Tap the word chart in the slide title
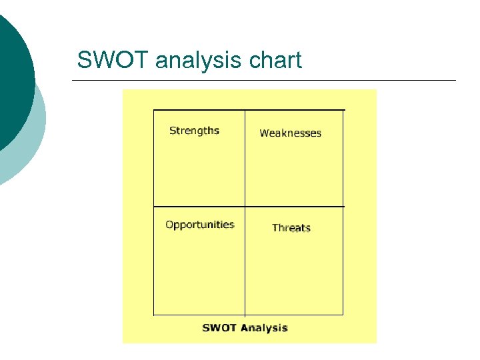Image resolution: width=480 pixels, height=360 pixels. (275, 61)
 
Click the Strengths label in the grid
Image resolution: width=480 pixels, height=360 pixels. (194, 131)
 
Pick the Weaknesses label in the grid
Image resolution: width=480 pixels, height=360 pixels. (290, 133)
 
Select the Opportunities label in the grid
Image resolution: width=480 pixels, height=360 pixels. (200, 225)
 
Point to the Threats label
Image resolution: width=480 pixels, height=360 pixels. (291, 228)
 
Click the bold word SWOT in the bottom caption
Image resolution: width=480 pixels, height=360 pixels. (219, 327)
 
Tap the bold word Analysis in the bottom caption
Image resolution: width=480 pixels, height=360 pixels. (264, 327)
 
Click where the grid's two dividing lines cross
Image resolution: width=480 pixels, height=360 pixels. (245, 207)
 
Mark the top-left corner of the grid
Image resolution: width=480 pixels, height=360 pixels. (154, 110)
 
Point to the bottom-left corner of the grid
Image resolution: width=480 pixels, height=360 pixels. (154, 314)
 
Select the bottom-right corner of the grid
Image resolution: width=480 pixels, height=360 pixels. (343, 314)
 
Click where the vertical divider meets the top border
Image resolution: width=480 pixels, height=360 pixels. (245, 110)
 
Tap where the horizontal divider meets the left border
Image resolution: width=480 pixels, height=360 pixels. (154, 207)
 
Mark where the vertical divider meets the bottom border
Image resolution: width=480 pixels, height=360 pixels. (245, 314)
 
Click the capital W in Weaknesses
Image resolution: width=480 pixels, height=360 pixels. (264, 133)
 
